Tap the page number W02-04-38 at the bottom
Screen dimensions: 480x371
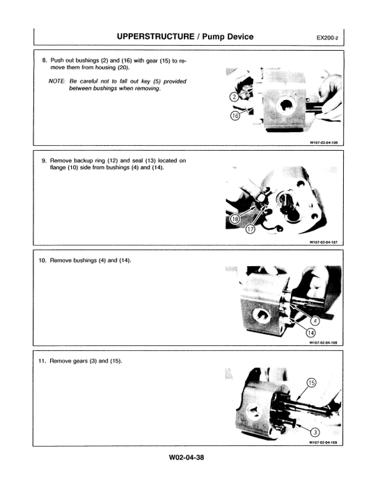185,456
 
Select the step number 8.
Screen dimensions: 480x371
45,60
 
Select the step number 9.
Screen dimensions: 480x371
45,160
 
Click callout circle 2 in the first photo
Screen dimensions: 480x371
234,97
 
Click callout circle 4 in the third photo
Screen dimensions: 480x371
315,320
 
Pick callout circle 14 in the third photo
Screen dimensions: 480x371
311,333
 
